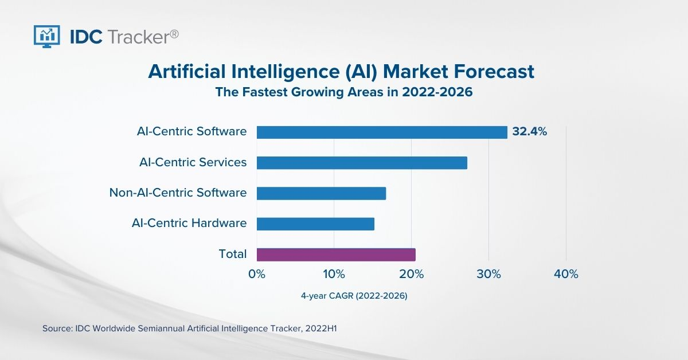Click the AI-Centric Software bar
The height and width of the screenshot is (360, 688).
point(382,132)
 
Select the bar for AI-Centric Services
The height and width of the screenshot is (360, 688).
point(362,163)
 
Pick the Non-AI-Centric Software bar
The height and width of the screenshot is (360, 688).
point(321,194)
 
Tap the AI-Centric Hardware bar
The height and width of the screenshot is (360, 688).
point(315,224)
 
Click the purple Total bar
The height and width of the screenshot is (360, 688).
point(336,255)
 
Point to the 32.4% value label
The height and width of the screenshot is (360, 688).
point(530,131)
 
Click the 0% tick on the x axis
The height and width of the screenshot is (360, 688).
point(257,274)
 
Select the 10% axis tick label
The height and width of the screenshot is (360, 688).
point(334,274)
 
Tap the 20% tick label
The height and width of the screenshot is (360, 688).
point(411,274)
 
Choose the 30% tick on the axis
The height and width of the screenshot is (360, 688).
point(488,274)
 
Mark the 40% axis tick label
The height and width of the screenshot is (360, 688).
point(566,274)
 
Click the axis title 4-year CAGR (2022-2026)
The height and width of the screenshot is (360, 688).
point(354,296)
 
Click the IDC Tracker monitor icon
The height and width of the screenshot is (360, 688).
point(46,37)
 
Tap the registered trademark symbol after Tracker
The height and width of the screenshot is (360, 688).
point(174,34)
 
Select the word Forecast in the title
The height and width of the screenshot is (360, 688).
point(494,72)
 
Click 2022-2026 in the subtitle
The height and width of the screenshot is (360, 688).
point(437,92)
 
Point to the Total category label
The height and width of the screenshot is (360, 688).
point(233,254)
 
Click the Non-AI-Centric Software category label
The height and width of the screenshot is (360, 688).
point(178,193)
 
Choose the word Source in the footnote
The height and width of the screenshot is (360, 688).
point(57,328)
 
